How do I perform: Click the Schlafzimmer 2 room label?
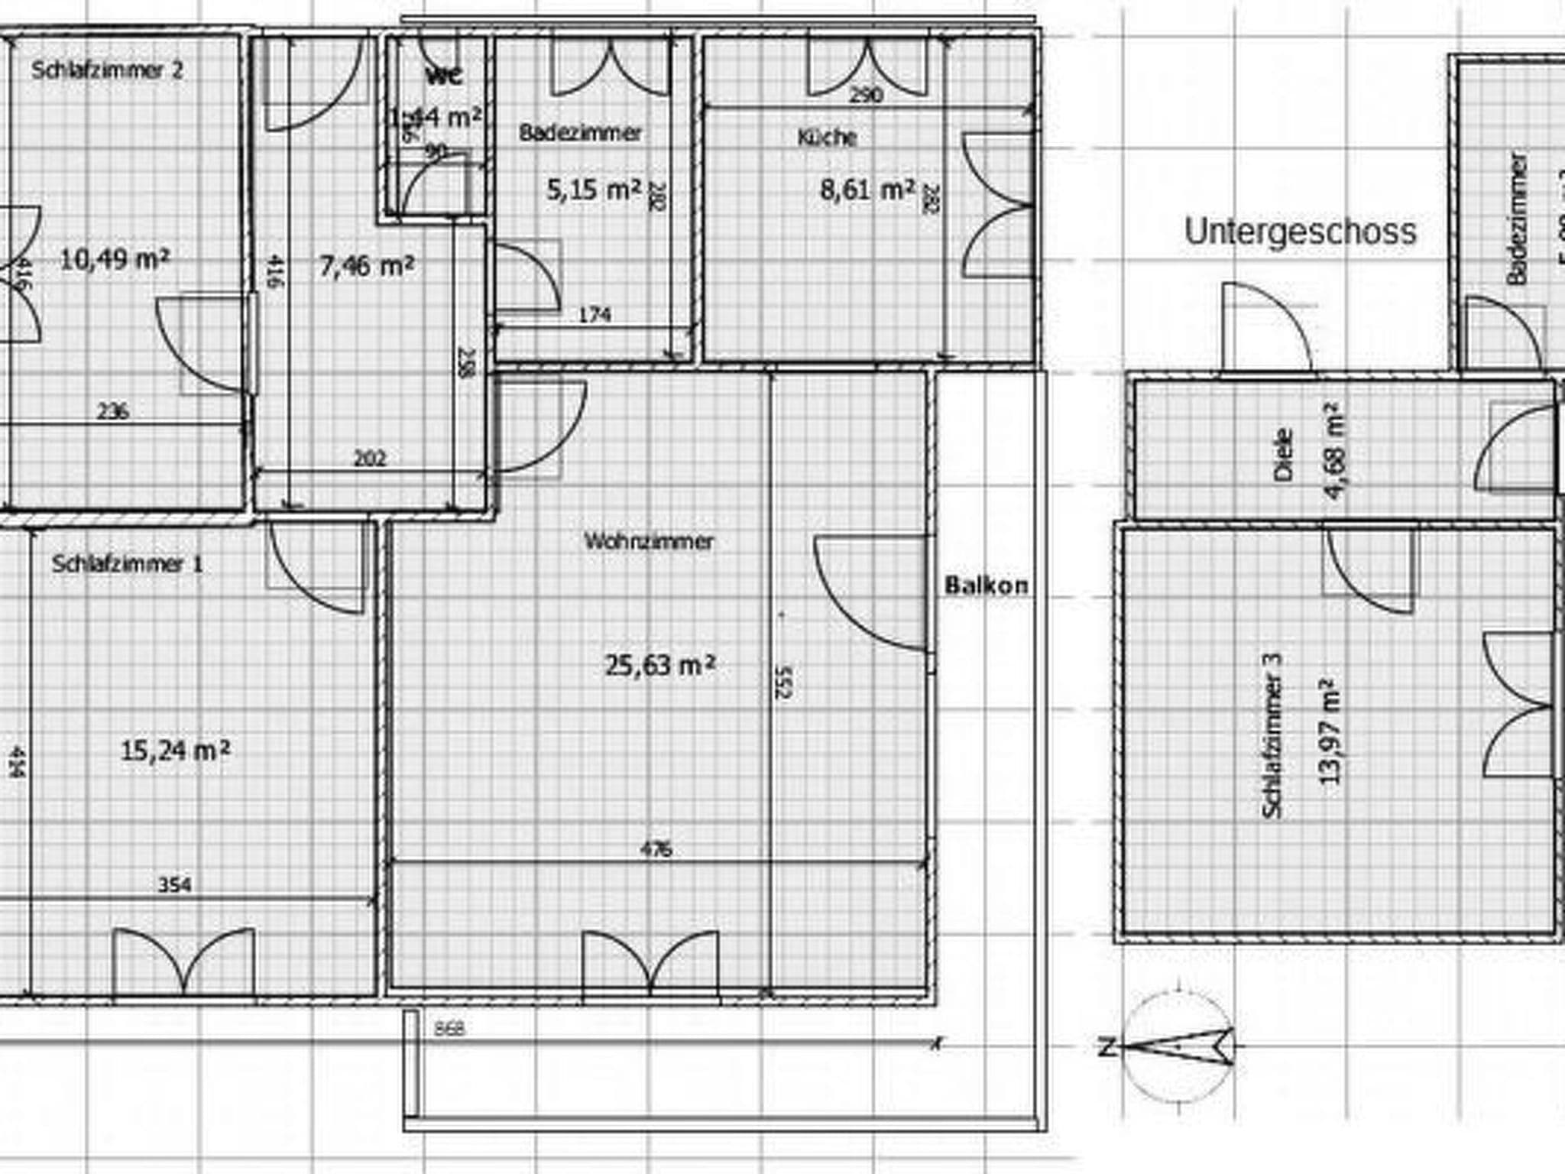107,70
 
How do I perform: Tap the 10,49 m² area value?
115,260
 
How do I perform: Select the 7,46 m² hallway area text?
367,266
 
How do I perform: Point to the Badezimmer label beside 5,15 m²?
581,132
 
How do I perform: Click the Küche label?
827,138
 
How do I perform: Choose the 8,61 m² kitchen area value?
867,189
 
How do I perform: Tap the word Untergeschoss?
1300,231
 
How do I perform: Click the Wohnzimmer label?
649,541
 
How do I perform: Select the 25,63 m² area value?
660,665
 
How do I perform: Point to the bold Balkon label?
987,586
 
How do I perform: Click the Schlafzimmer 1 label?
128,564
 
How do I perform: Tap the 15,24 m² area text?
175,751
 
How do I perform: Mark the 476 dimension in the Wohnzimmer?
656,849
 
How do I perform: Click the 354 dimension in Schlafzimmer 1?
174,885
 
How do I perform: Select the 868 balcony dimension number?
449,1029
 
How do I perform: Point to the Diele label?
1285,455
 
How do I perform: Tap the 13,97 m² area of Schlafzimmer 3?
1330,730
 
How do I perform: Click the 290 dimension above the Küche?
866,95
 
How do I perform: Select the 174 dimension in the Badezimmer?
595,314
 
